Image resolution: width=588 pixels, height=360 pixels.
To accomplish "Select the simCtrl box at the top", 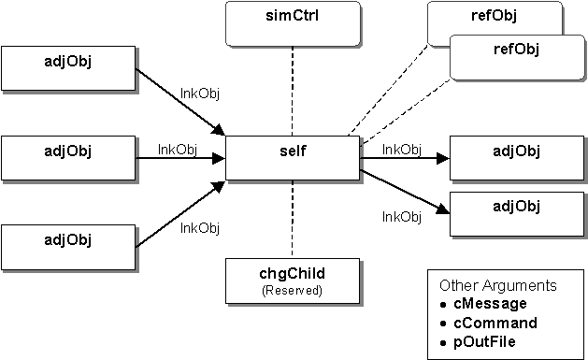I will [x=293, y=23].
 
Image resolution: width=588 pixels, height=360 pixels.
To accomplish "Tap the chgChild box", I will [x=293, y=280].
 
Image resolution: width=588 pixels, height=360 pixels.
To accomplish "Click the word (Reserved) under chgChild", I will [x=293, y=290].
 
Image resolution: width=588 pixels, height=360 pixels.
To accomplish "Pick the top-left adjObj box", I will [x=69, y=66].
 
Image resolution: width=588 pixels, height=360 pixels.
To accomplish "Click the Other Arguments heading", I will [x=497, y=285].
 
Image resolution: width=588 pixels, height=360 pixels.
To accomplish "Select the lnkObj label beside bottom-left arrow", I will [x=199, y=227].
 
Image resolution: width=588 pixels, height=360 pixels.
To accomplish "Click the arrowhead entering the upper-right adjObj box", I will [x=443, y=158].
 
